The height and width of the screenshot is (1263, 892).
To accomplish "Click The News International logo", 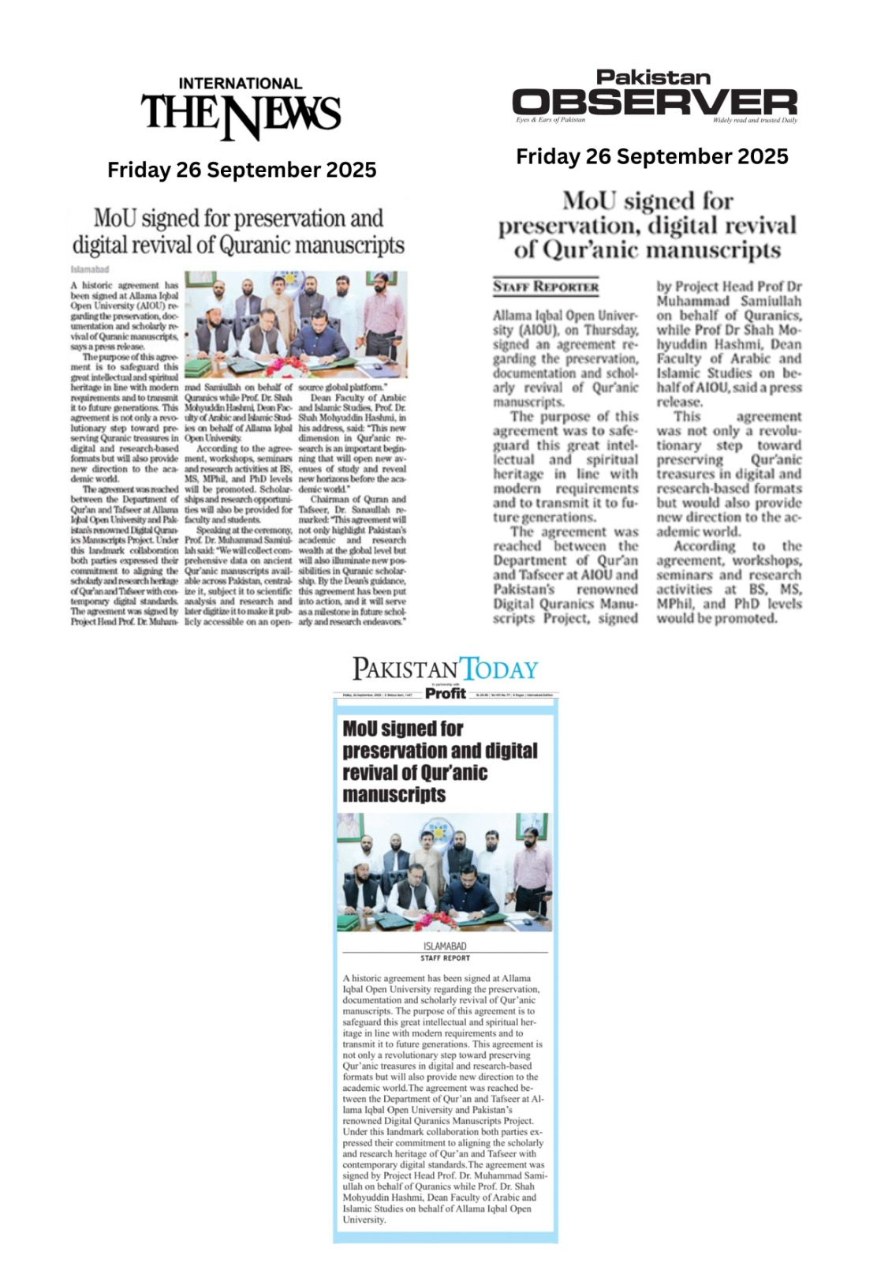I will point(241,111).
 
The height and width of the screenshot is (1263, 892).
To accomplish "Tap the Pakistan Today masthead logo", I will point(445,669).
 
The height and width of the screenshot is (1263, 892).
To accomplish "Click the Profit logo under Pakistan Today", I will point(446,693).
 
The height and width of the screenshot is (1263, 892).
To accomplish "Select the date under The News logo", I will point(241,170).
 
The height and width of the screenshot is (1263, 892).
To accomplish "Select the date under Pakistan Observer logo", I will point(651,156).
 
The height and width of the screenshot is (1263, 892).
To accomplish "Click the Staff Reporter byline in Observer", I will point(546,287).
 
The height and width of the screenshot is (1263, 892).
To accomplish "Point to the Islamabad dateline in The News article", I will point(89,270).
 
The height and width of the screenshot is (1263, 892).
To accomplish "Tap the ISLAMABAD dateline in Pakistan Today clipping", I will point(445,946).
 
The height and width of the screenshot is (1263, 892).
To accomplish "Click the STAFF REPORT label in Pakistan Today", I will point(445,958).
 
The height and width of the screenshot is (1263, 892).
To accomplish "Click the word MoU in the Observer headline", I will point(589,201).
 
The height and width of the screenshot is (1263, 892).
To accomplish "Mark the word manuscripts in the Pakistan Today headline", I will point(394,794).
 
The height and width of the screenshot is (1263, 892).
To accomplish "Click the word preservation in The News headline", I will point(289,218).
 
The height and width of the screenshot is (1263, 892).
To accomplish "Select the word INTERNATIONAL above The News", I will point(241,84).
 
